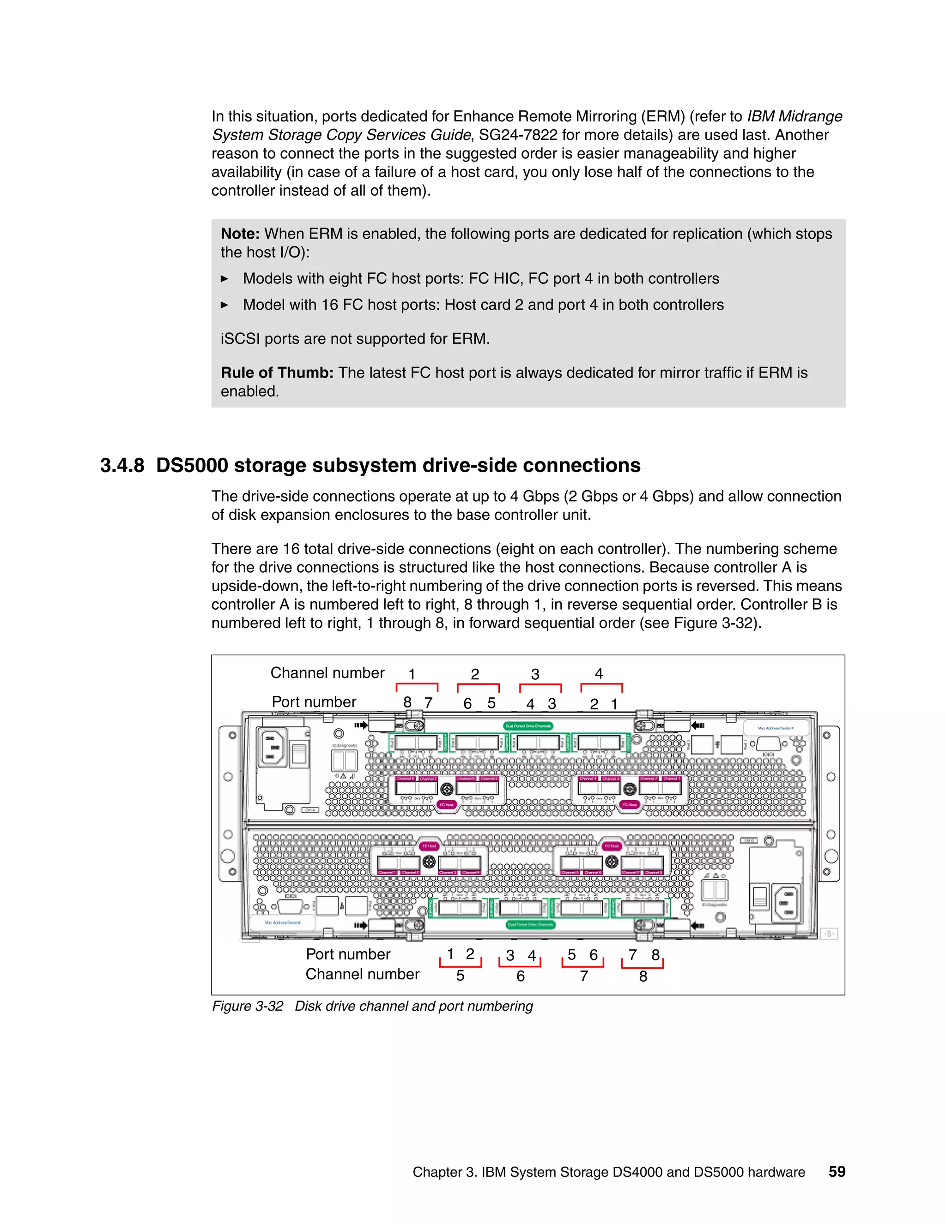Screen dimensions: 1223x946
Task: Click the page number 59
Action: (837, 1171)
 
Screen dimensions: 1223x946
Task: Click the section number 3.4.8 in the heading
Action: (121, 465)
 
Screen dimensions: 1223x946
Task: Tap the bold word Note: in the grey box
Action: (240, 234)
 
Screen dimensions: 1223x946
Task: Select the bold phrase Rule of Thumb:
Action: (277, 372)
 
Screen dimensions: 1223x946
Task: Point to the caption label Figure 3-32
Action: (247, 1006)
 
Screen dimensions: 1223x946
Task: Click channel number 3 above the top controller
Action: (535, 674)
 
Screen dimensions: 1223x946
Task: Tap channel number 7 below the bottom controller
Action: (583, 976)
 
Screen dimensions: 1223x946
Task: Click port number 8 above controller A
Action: (407, 702)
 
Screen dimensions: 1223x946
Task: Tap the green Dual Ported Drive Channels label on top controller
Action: (528, 726)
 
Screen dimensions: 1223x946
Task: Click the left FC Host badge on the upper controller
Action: (446, 805)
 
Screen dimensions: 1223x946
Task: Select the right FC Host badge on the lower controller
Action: (612, 845)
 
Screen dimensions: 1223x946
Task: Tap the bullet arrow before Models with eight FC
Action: (225, 278)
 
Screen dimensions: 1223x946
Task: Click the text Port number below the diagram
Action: (347, 954)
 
